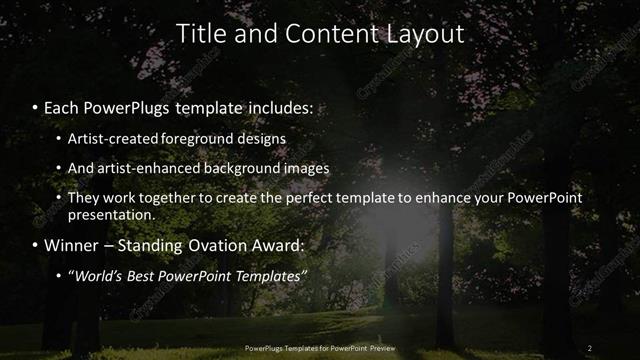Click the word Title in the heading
[x=199, y=34]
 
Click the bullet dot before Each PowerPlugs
[x=36, y=105]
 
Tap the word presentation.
[x=111, y=214]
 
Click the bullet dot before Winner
[x=36, y=245]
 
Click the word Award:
[x=291, y=245]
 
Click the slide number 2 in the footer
[x=589, y=348]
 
